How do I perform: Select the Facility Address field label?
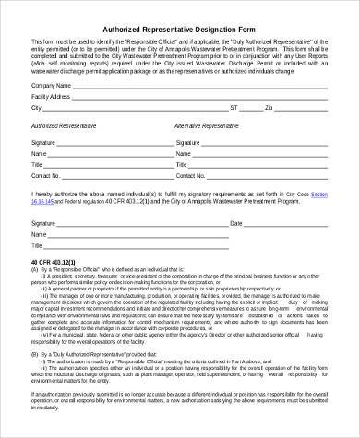click(x=52, y=96)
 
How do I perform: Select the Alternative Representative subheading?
click(x=208, y=124)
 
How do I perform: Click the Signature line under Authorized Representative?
click(x=106, y=144)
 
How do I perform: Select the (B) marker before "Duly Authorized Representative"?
click(x=36, y=352)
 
